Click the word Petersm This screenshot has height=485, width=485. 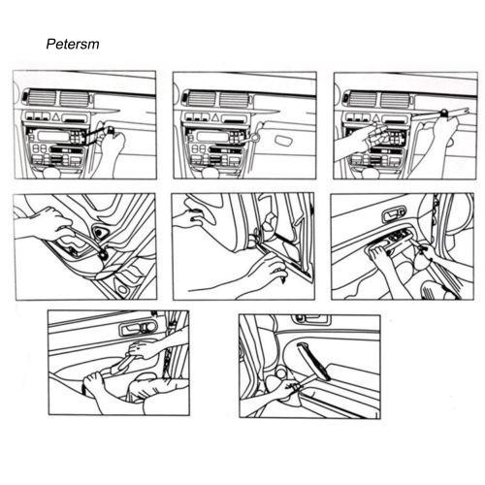73,44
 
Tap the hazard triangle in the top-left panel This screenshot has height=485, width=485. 55,116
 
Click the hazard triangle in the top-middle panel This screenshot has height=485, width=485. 215,117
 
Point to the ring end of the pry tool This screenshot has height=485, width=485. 255,138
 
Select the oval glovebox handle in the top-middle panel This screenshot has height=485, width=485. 284,140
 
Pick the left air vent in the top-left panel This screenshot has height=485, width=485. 41,98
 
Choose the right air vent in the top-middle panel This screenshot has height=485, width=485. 233,99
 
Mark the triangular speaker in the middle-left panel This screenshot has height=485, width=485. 99,232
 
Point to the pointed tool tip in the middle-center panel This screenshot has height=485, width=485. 283,280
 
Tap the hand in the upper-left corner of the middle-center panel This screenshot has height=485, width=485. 191,217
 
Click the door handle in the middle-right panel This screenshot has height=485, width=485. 394,215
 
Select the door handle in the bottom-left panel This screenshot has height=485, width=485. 138,329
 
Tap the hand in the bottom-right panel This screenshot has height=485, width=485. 282,390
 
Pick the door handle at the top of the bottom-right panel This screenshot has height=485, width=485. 311,319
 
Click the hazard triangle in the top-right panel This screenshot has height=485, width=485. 375,117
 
